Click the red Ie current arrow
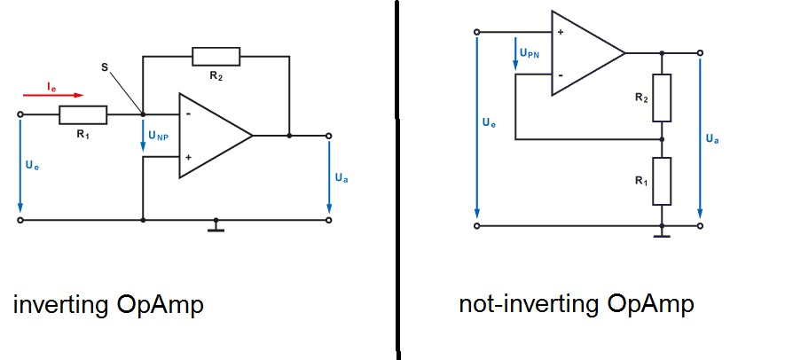(65, 93)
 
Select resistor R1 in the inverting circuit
(83, 114)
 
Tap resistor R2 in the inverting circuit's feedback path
(216, 57)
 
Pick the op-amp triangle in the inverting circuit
(214, 136)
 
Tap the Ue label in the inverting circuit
(32, 165)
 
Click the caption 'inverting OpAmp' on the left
(108, 306)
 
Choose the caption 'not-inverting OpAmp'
(576, 304)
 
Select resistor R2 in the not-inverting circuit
(662, 98)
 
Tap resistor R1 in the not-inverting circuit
(662, 180)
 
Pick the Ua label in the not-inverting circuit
(712, 138)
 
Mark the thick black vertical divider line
(394, 177)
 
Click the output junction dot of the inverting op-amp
(289, 136)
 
